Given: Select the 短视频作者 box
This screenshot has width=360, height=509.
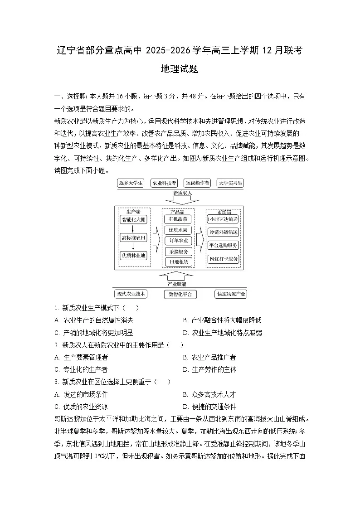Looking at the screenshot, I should point(197,183).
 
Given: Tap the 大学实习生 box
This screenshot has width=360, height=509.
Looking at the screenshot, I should point(230,183).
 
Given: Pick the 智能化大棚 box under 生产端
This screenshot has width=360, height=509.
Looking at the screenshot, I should point(134,219).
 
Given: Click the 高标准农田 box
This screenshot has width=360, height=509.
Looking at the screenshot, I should point(134,238).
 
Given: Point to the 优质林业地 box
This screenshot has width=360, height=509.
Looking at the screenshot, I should point(134,256).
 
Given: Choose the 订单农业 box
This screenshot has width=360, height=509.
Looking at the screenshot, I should point(178,241).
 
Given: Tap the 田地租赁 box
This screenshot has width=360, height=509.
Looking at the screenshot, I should point(178,262).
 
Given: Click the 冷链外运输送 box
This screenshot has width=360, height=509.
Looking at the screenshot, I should point(223,232).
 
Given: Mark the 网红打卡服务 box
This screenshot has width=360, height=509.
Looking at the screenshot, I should point(223,259).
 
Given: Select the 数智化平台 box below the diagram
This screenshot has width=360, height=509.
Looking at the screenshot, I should point(180,294).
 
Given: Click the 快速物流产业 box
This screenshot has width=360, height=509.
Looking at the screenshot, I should point(231,294).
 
